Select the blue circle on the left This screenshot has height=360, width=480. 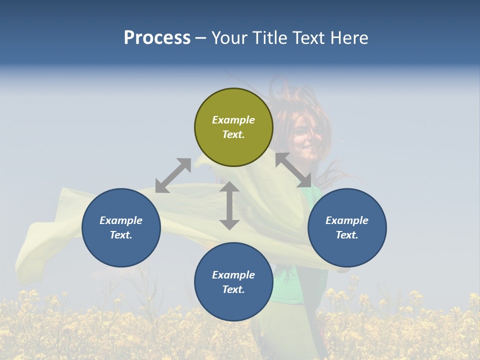tap(121, 227)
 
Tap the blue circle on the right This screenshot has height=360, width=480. tap(347, 227)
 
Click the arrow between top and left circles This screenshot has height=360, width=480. tap(173, 175)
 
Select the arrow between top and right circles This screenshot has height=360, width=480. tap(293, 170)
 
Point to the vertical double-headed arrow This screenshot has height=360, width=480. tap(229, 205)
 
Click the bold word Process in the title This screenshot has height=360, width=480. tap(157, 37)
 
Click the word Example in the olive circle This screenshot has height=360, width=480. tap(233, 120)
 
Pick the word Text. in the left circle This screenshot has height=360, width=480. tap(121, 235)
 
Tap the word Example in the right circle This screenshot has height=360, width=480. tap(347, 220)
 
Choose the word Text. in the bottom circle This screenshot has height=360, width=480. tap(233, 289)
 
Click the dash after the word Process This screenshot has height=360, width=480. tap(200, 38)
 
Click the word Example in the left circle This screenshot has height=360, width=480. tap(121, 220)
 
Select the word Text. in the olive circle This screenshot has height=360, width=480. tap(233, 134)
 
